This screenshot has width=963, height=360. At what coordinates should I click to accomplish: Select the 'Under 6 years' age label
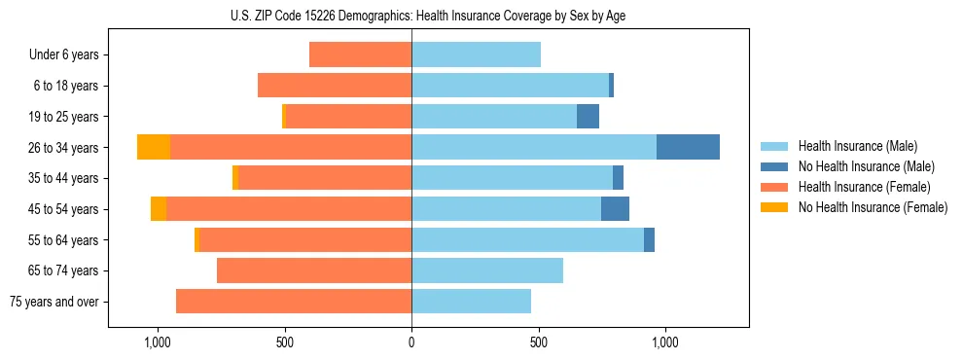click(x=63, y=55)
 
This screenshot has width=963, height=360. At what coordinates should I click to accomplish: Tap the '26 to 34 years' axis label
click(x=63, y=148)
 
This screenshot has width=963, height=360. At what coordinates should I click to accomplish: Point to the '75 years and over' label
click(x=54, y=302)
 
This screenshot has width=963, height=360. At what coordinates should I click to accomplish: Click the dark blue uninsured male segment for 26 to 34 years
click(x=688, y=147)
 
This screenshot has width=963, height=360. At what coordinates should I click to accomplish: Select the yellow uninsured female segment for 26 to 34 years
click(x=154, y=147)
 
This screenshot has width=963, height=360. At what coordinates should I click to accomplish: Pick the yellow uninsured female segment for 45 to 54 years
click(x=159, y=209)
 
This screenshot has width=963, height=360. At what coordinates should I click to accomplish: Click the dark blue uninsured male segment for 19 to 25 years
click(x=588, y=117)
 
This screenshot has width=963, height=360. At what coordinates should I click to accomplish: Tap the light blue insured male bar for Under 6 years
click(x=476, y=54)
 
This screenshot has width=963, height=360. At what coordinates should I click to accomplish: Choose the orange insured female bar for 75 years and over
click(x=294, y=302)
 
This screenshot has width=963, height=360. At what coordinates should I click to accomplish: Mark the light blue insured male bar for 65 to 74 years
click(x=487, y=270)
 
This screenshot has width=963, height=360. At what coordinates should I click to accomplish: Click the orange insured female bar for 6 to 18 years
click(x=335, y=86)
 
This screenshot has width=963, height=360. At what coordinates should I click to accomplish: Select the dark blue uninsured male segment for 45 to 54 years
click(x=615, y=209)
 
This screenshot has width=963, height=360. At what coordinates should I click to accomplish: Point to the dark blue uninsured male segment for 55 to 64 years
click(x=649, y=239)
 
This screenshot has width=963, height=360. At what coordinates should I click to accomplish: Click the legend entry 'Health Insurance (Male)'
click(x=857, y=146)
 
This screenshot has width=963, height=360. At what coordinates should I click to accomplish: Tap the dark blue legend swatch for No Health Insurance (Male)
click(x=774, y=166)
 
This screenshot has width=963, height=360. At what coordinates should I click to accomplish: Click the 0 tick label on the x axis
click(x=411, y=342)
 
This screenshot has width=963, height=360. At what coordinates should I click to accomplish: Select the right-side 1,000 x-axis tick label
click(x=665, y=342)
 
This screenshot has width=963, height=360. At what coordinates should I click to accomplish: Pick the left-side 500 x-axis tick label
click(x=285, y=342)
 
